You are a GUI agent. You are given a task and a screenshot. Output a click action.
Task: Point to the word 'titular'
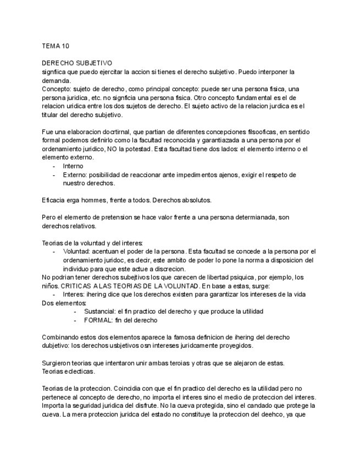pos(50,115)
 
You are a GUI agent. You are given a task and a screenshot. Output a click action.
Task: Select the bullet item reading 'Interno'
pos(74,166)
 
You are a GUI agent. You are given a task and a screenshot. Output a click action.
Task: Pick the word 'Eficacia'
pos(54,199)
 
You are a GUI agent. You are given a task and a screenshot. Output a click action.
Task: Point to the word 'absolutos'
pos(194,199)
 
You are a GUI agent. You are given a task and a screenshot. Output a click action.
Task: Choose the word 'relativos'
pos(81,225)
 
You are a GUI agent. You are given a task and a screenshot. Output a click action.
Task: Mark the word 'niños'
pos(52,286)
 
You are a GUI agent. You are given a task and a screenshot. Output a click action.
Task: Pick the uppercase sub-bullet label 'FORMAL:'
pos(99,320)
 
